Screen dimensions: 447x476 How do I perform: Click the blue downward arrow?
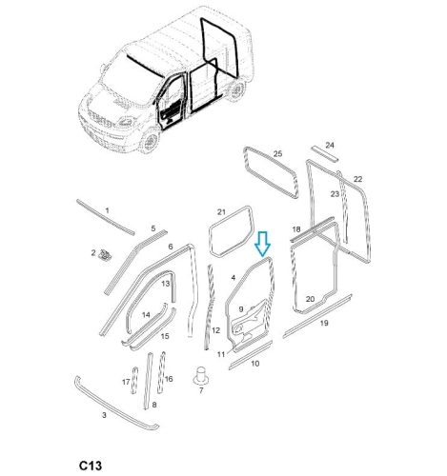click(262, 244)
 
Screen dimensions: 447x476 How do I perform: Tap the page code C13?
click(91, 466)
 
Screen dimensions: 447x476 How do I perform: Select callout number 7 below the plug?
click(201, 390)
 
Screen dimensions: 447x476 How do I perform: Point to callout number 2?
click(93, 253)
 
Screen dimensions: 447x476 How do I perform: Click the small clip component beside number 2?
click(105, 255)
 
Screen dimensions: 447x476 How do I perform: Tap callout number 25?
click(277, 154)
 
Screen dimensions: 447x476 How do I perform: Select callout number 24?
click(330, 145)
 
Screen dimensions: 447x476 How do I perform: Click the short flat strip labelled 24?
click(324, 154)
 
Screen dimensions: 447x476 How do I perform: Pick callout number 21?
click(221, 211)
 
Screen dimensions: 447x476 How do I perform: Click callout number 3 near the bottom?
click(104, 415)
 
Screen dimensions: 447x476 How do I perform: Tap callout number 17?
click(126, 382)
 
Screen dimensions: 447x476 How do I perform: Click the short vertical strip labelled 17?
click(134, 380)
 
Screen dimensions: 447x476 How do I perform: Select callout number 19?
click(324, 323)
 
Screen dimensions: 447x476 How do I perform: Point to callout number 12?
click(215, 330)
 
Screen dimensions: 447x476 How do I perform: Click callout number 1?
click(107, 210)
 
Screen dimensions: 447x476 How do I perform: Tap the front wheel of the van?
click(150, 142)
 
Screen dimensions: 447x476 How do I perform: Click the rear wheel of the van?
click(236, 89)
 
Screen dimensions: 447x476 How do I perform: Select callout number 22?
click(357, 179)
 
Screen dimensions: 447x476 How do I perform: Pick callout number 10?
click(255, 364)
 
